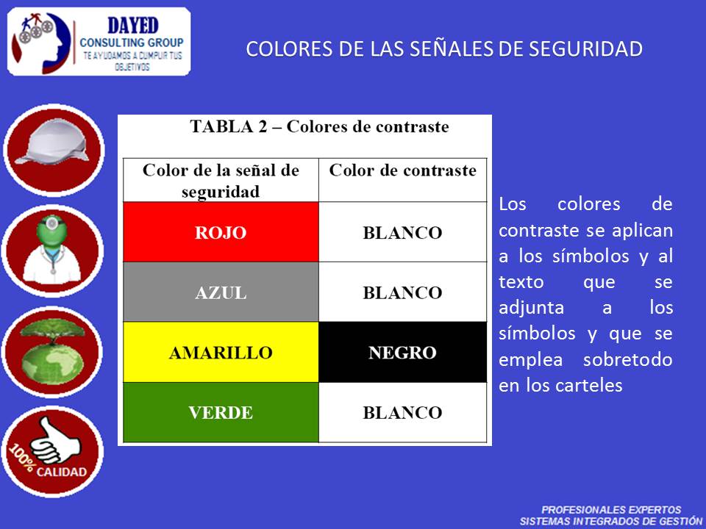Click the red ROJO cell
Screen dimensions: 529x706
point(221,233)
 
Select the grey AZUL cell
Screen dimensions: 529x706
point(221,292)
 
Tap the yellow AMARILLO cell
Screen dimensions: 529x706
point(221,353)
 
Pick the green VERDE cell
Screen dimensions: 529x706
point(221,412)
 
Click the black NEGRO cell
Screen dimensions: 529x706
point(402,353)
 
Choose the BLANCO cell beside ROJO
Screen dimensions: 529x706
point(402,233)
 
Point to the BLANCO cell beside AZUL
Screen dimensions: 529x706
point(402,292)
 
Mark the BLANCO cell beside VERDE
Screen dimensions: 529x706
point(402,412)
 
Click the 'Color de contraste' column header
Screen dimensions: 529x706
point(402,171)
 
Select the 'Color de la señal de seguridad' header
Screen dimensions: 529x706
point(221,181)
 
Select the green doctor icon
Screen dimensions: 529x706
point(54,250)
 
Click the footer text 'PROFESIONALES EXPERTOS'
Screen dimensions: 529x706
point(610,509)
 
